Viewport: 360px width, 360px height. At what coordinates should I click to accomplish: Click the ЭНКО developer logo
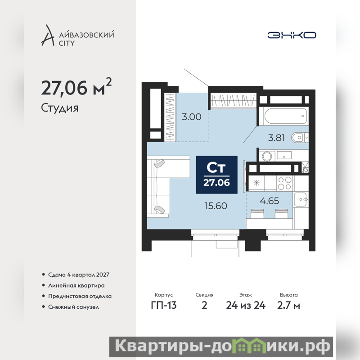click(292, 35)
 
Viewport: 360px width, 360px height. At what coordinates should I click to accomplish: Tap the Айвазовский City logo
click(77, 36)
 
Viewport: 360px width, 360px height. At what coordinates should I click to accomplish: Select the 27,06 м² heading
click(76, 87)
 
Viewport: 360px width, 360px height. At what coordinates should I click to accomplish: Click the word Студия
click(60, 108)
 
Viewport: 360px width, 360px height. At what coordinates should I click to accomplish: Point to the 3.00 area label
click(192, 117)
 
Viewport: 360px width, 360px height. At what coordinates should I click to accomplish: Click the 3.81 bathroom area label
click(276, 138)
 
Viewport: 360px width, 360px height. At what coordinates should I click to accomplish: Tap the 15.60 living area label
click(216, 206)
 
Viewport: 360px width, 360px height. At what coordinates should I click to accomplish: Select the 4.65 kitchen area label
click(270, 201)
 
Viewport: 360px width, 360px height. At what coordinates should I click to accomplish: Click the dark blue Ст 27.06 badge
click(216, 175)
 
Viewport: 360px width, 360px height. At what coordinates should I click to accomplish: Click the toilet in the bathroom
click(300, 138)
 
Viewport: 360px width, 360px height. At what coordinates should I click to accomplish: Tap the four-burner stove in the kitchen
click(285, 183)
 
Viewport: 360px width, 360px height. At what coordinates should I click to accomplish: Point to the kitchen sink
click(300, 199)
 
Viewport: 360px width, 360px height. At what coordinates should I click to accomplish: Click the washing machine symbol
click(267, 156)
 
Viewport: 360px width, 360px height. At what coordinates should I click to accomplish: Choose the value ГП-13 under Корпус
click(164, 306)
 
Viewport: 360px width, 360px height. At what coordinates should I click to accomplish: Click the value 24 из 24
click(246, 306)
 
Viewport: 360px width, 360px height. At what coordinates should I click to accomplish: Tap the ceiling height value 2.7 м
click(288, 306)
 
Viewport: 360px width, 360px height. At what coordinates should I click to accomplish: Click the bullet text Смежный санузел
click(73, 307)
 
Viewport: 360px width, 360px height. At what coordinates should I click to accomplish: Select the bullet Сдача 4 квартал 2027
click(78, 274)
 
